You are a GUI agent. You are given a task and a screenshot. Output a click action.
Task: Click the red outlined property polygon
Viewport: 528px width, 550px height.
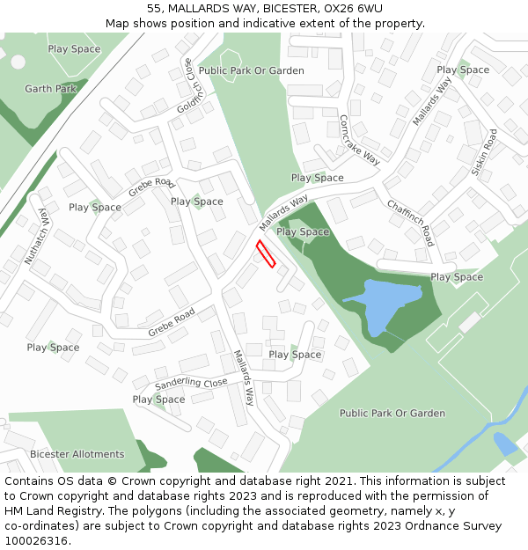[266, 253]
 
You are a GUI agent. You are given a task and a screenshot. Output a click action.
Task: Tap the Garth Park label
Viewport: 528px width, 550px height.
[51, 89]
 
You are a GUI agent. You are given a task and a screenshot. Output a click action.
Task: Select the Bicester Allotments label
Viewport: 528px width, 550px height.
[77, 454]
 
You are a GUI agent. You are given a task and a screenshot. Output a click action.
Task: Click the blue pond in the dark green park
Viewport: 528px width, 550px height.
[381, 304]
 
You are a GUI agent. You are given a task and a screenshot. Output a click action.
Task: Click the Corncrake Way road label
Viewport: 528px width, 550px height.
[359, 140]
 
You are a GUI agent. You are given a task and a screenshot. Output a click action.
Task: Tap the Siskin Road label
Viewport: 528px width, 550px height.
[483, 153]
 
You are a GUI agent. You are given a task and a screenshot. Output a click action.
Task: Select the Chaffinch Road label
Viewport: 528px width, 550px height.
[411, 222]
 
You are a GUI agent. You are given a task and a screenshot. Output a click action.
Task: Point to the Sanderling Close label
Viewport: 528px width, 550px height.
[191, 384]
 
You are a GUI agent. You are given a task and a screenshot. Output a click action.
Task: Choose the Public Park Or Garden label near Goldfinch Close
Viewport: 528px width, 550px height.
[252, 70]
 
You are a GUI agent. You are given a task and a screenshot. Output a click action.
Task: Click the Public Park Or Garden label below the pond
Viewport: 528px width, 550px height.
[392, 413]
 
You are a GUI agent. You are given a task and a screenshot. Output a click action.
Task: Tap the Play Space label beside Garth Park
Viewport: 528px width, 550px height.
[74, 49]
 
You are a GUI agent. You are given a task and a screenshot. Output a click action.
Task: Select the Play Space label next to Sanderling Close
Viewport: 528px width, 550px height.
[158, 400]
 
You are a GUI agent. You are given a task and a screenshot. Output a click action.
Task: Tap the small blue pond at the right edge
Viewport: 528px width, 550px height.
[505, 443]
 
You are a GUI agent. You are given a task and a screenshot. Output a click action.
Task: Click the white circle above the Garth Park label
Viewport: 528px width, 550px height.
[18, 62]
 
